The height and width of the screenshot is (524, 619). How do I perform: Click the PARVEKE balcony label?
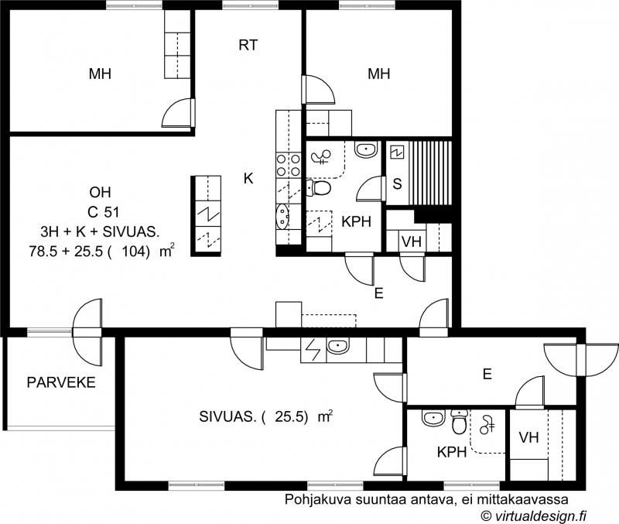point(61,382)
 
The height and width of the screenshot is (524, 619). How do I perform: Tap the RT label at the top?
point(248,45)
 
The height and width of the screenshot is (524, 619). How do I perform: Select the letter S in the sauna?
point(397,183)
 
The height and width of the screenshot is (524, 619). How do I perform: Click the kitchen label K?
point(248,179)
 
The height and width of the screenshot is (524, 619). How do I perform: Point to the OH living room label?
point(100,192)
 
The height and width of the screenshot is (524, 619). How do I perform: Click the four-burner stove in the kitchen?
point(289,165)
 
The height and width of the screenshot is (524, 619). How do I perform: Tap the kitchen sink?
point(282,217)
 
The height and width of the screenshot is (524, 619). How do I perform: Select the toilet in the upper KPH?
point(318,188)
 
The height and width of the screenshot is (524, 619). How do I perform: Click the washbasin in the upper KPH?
point(366,149)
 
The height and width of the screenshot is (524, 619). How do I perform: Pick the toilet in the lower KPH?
point(459,422)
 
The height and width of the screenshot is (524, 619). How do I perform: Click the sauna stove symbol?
point(397,152)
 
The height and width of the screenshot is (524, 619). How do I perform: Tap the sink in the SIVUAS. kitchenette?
point(337,347)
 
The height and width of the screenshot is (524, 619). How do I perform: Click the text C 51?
point(103,212)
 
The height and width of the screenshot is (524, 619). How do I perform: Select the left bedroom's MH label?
point(100,74)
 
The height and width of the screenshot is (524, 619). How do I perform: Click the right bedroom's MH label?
point(379,74)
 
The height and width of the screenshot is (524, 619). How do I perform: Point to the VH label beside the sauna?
point(412,241)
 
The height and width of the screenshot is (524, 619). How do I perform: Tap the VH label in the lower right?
point(529,437)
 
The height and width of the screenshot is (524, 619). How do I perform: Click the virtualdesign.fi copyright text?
point(533,515)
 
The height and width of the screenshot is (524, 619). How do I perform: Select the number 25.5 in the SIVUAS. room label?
point(291,416)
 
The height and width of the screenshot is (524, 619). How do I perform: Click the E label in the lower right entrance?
point(487,374)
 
